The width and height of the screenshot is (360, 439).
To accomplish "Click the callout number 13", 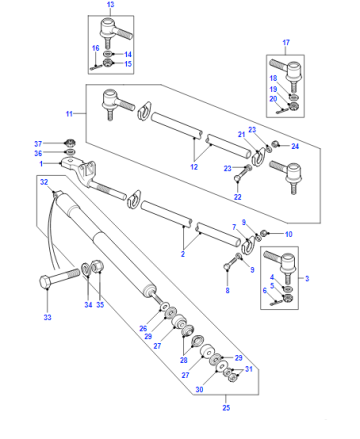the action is [110, 5].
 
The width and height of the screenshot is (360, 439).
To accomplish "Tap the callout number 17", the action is [286, 43].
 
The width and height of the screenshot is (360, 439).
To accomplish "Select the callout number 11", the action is [69, 114].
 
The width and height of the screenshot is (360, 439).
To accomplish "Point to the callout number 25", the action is [226, 407].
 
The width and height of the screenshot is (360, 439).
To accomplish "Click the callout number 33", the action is [47, 317].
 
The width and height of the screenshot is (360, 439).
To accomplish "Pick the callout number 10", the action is [289, 234].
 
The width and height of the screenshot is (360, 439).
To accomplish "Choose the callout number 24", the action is [295, 146].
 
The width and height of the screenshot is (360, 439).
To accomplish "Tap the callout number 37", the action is [38, 144].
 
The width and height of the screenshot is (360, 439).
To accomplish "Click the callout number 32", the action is [44, 182].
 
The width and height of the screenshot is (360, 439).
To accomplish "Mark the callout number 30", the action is [199, 389].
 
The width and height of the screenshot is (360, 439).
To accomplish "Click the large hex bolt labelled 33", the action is [59, 279].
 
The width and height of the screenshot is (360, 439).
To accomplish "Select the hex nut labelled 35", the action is [97, 266].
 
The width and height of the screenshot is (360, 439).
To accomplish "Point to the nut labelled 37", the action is [70, 142].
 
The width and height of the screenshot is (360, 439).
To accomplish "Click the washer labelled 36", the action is [70, 152].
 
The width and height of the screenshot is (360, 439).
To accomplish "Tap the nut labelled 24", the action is [276, 144].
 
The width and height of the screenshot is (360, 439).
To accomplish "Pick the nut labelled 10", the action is [263, 233].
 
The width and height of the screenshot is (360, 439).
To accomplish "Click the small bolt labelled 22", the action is [242, 173].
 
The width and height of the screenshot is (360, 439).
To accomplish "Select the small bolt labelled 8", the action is [232, 262].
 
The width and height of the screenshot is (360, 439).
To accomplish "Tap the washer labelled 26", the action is [165, 306].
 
